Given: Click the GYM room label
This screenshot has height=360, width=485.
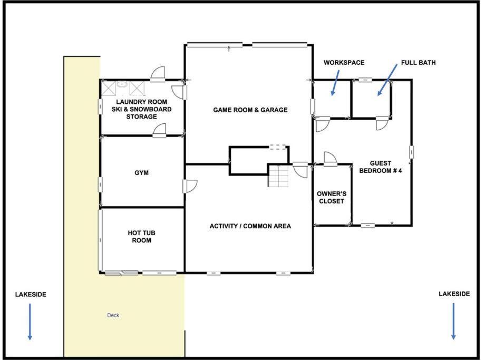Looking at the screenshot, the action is pyautogui.click(x=141, y=172).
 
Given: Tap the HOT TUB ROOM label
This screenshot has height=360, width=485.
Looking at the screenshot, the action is pyautogui.click(x=141, y=237).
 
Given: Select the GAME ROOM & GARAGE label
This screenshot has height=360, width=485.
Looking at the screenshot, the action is pyautogui.click(x=250, y=110).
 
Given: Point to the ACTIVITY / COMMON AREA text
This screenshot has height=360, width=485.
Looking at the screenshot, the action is pyautogui.click(x=250, y=226).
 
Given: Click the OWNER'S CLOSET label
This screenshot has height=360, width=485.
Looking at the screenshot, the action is pyautogui.click(x=332, y=197).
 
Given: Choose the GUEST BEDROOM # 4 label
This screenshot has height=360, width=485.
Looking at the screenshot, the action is pyautogui.click(x=381, y=167).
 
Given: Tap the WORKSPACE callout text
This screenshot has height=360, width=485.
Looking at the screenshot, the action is pyautogui.click(x=344, y=63).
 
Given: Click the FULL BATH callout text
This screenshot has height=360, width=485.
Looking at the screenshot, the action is pyautogui.click(x=418, y=63).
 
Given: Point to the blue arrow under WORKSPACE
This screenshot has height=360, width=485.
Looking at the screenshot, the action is pyautogui.click(x=335, y=83).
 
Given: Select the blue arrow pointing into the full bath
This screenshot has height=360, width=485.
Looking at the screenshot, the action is pyautogui.click(x=387, y=80).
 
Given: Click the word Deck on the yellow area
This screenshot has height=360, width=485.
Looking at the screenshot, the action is pyautogui.click(x=113, y=315).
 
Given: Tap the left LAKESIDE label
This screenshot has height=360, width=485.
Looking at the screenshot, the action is pyautogui.click(x=31, y=295).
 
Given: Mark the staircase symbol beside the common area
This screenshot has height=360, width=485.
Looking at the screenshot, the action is pyautogui.click(x=278, y=176).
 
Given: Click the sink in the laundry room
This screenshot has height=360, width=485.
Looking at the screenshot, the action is pyautogui.click(x=122, y=84).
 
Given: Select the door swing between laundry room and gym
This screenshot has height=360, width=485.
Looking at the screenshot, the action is pyautogui.click(x=160, y=130).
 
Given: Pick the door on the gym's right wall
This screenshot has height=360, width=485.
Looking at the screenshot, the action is pyautogui.click(x=190, y=186).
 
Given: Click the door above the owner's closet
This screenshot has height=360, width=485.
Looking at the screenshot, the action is pyautogui.click(x=330, y=159).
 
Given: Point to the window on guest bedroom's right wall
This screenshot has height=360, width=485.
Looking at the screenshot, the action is pyautogui.click(x=412, y=152).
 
